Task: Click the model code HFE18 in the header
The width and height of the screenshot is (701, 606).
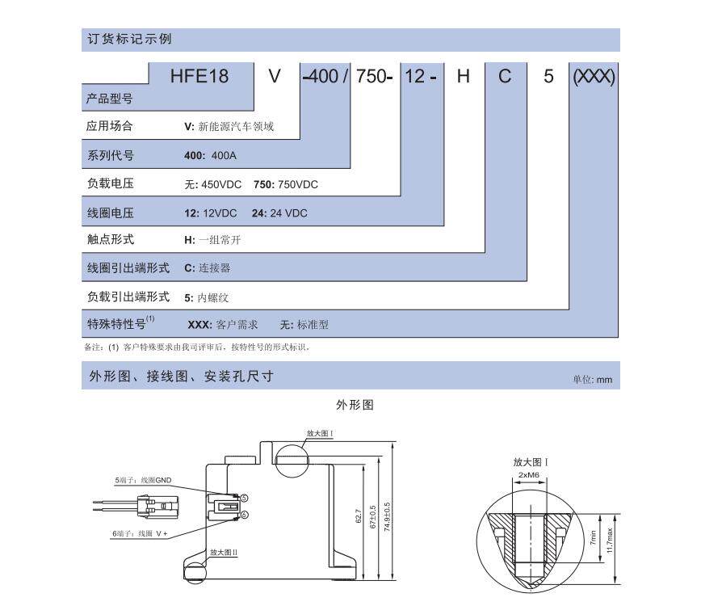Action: tap(199, 77)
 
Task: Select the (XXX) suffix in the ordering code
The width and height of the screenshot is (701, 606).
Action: tap(594, 77)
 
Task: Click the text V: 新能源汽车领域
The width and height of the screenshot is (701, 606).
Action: tap(229, 127)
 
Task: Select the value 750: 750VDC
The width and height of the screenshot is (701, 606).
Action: tap(286, 184)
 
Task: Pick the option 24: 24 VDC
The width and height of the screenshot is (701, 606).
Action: tap(280, 213)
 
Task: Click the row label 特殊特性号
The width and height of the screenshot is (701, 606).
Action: tap(119, 324)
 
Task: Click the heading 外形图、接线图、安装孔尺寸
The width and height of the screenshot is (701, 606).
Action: tap(181, 377)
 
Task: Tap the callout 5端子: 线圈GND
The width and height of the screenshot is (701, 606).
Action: tap(143, 480)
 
